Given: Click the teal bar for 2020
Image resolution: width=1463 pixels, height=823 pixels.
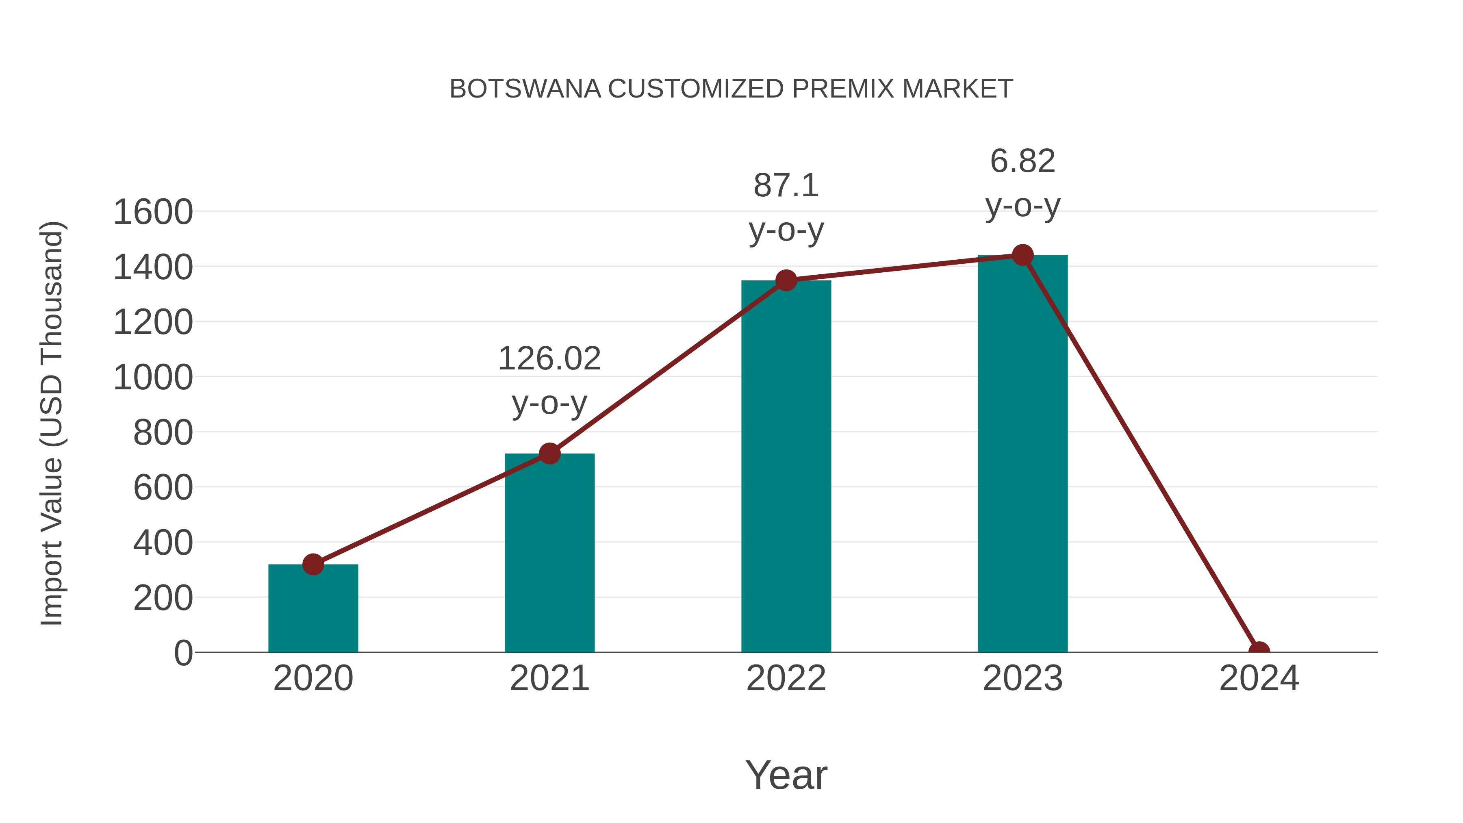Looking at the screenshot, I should (x=313, y=610).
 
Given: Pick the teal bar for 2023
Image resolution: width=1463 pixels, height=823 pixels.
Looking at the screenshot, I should (x=1022, y=454).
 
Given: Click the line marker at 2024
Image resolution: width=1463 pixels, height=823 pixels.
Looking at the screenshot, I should (x=1259, y=651).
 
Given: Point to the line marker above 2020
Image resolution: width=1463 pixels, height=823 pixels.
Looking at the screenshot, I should (x=313, y=564).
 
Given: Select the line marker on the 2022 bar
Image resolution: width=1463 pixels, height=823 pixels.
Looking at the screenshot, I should (x=786, y=280).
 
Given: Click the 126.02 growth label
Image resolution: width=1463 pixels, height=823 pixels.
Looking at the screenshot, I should (x=549, y=359).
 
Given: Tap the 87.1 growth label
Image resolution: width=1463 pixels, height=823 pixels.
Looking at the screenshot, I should (x=786, y=186).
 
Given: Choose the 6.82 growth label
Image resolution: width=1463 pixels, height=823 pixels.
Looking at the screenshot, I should (x=1022, y=161).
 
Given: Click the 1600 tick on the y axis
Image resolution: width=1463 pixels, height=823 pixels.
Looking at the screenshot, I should (x=153, y=213).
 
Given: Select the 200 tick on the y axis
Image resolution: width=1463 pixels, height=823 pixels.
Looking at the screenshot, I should (x=163, y=598).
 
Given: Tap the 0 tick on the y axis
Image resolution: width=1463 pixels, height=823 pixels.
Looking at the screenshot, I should (x=183, y=653).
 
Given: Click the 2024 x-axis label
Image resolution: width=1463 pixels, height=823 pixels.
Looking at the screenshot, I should (x=1259, y=678).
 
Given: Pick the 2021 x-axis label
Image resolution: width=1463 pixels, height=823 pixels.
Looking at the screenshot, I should (x=549, y=678).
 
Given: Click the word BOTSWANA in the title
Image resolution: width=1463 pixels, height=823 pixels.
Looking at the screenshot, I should (x=525, y=89).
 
